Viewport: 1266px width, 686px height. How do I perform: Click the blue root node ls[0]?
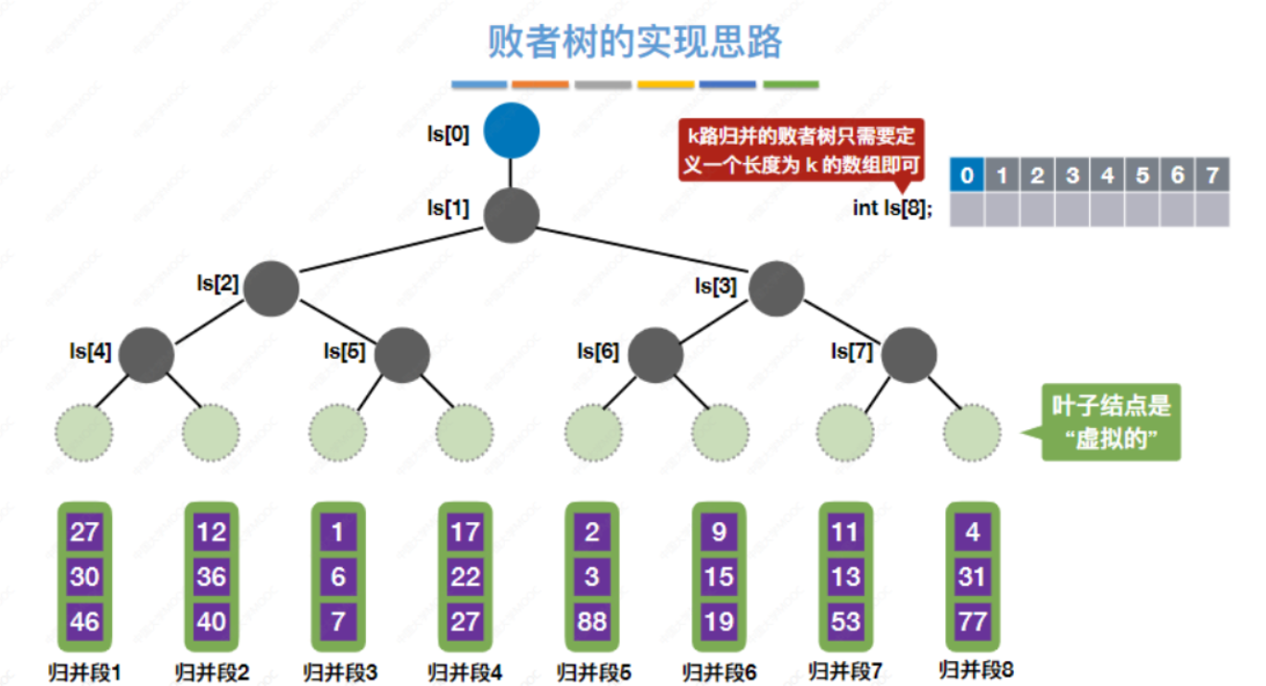[x=511, y=131]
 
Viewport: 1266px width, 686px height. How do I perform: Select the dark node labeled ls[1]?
[x=511, y=215]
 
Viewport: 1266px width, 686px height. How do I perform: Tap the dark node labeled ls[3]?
[x=776, y=288]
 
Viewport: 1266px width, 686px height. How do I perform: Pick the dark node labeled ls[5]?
[x=402, y=355]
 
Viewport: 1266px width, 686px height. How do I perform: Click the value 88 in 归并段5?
[x=592, y=619]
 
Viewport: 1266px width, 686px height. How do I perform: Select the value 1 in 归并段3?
[x=338, y=532]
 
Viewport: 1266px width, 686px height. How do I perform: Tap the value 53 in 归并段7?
[x=845, y=619]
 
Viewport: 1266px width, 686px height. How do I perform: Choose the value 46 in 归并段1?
[x=84, y=619]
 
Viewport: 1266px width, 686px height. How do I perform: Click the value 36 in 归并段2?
[x=211, y=576]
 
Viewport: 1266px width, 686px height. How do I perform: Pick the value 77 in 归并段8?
[x=972, y=619]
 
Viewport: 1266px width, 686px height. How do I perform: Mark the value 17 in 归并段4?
[x=465, y=532]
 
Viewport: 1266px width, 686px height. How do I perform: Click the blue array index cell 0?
[x=967, y=174]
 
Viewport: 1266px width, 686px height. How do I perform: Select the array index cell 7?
[x=1211, y=174]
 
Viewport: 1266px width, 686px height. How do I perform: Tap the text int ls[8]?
[x=893, y=209]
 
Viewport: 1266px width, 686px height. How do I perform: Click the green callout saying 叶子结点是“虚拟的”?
[x=1110, y=422]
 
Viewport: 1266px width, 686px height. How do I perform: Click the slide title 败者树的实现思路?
[x=635, y=42]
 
